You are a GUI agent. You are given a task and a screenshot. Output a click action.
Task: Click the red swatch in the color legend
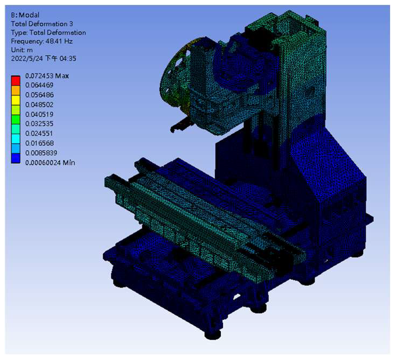coord(16,81)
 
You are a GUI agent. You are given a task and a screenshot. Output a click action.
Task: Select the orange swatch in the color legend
coord(16,90)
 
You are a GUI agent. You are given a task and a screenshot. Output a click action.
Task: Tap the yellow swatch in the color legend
coord(16,100)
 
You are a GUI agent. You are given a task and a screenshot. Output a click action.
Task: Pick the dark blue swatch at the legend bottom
coord(16,158)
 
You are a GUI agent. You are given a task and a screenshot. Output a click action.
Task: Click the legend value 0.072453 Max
coord(47,76)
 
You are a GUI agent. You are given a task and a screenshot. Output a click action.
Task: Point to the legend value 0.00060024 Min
coord(50,163)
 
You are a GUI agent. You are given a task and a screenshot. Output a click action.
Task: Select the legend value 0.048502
coord(39,104)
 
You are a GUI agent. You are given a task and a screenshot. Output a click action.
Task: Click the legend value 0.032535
coord(39,124)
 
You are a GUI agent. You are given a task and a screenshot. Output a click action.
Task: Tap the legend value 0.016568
coord(39,143)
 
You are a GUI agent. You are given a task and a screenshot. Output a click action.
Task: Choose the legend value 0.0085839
coord(41,153)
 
